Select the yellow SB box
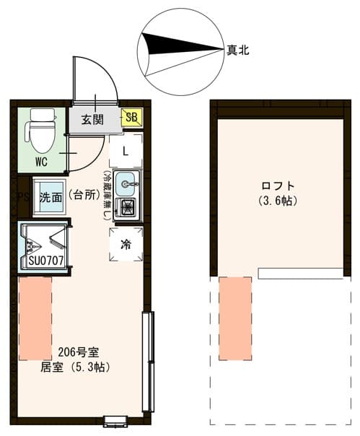[x=133, y=117]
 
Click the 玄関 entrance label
[x=91, y=119]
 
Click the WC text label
[x=41, y=162]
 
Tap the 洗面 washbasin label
[x=51, y=196]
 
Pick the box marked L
[x=126, y=152]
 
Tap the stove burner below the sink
[x=127, y=209]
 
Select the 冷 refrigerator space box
[x=126, y=245]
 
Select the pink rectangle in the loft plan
[x=235, y=318]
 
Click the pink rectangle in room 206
[x=35, y=318]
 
